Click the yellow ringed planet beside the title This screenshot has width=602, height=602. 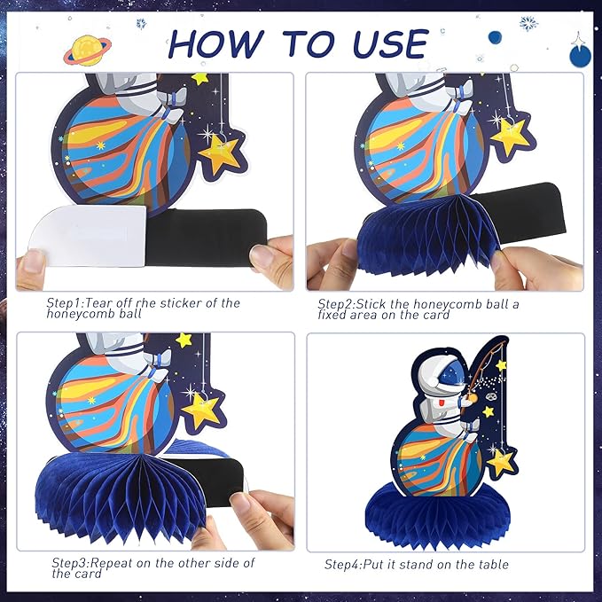point(88,51)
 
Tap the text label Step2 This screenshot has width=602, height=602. point(335,304)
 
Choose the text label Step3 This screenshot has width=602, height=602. point(70,563)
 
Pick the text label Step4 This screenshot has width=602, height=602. point(342,565)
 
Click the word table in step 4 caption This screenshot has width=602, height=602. point(494,565)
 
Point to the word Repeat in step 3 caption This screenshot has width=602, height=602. point(111,563)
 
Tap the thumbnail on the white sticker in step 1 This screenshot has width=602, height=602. point(35,260)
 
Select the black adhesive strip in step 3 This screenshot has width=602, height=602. point(219,474)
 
